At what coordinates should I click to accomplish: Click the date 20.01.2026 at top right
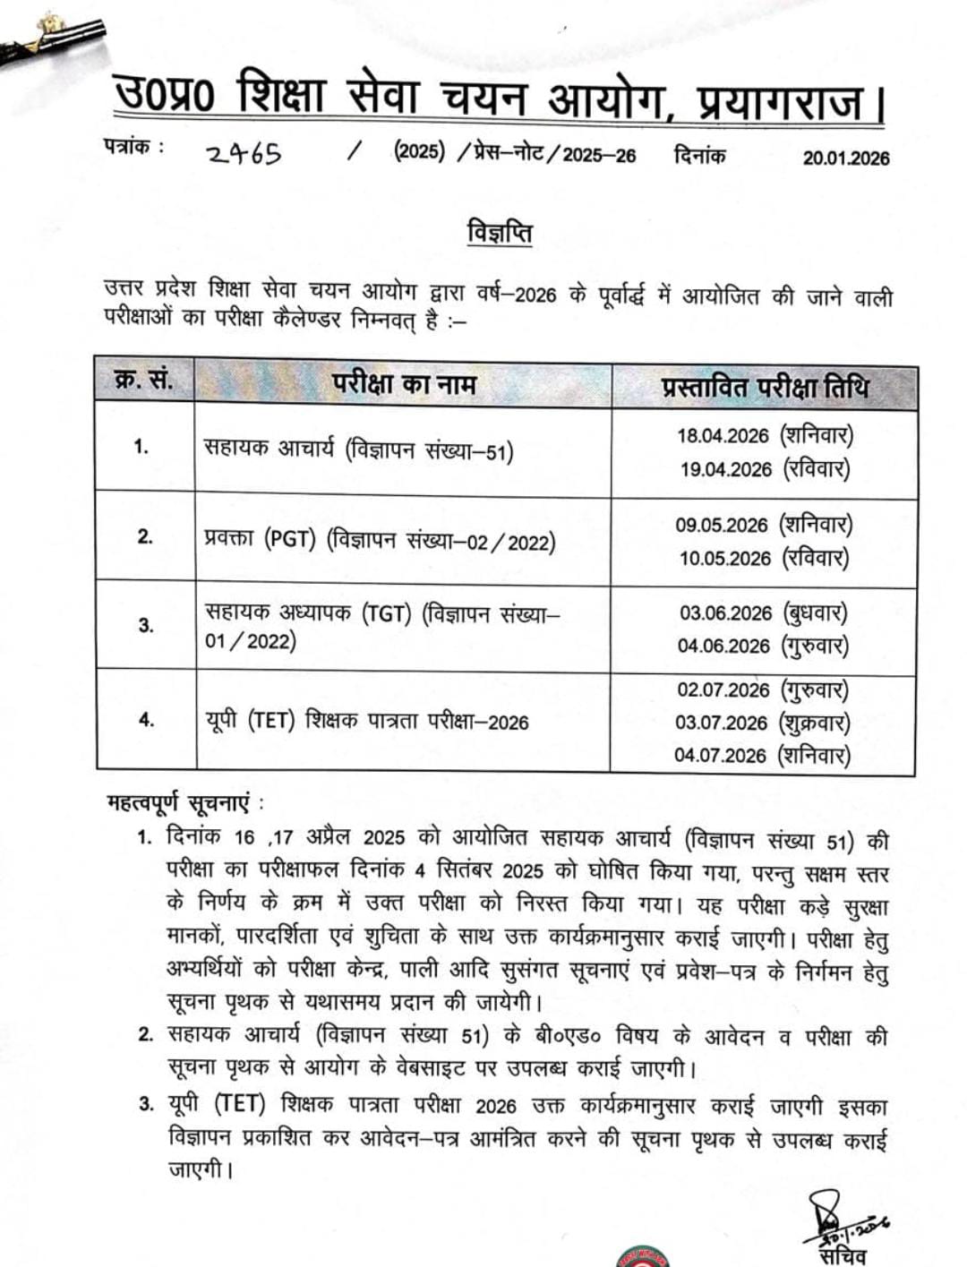(845, 158)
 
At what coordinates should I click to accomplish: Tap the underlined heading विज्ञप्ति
(500, 233)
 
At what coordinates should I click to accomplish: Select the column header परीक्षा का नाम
(404, 384)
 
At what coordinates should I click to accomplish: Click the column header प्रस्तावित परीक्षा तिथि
(765, 388)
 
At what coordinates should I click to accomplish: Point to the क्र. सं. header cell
(144, 381)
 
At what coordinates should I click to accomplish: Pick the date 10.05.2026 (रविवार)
(764, 558)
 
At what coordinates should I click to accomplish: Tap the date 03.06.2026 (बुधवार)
(763, 613)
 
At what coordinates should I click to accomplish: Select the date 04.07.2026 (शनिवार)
(762, 755)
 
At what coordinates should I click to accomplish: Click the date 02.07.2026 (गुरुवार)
(763, 690)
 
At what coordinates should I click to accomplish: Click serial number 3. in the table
(145, 625)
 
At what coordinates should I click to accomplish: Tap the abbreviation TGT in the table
(386, 614)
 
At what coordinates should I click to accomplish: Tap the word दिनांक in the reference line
(699, 155)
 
